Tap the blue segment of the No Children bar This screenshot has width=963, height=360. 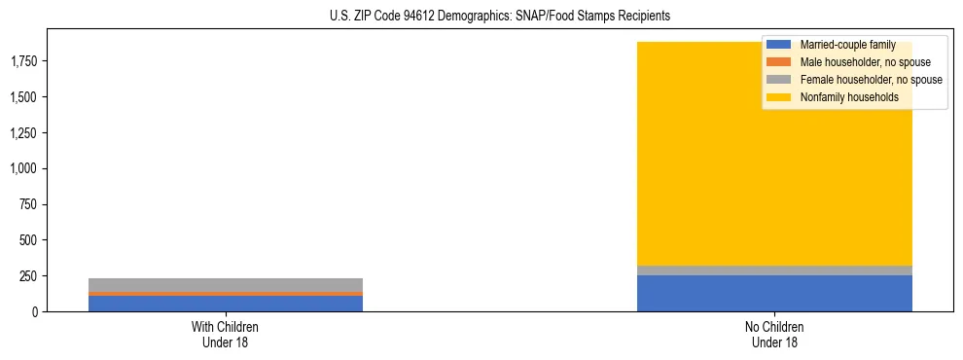click(x=774, y=293)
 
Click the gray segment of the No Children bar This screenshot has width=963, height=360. click(x=774, y=270)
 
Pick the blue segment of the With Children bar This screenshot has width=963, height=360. click(x=225, y=303)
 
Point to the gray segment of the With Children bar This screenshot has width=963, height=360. click(x=225, y=284)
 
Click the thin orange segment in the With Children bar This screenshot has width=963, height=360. click(x=225, y=293)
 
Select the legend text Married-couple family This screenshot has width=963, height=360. click(x=847, y=45)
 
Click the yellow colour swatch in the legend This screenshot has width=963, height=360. click(x=779, y=97)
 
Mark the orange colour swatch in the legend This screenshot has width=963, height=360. click(x=779, y=62)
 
